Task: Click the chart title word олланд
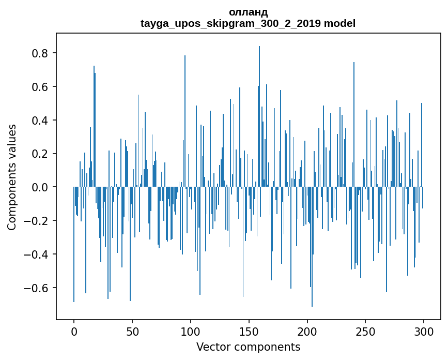[248, 12]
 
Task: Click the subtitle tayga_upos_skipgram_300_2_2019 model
[248, 23]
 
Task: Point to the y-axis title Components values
[11, 177]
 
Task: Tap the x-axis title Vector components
[248, 347]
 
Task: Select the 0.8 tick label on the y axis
[40, 53]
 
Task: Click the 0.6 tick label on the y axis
[40, 87]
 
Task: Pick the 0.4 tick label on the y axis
[40, 121]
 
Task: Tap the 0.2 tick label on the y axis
[40, 154]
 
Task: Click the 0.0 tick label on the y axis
[40, 187]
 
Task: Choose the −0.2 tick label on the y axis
[37, 221]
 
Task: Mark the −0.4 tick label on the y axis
[37, 254]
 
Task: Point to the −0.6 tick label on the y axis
[37, 288]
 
